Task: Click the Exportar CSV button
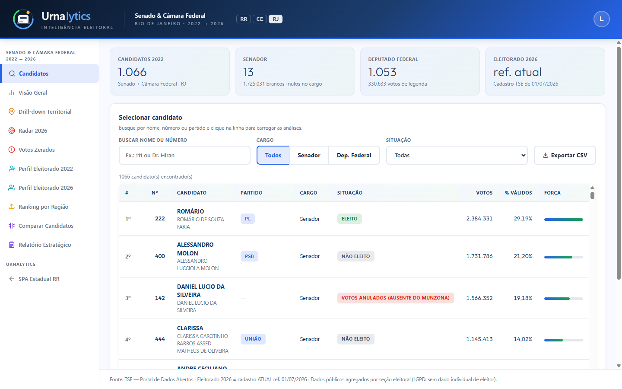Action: [x=565, y=155]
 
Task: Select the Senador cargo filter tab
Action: [x=309, y=155]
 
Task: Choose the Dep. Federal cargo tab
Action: [x=354, y=155]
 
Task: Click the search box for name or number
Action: [x=185, y=155]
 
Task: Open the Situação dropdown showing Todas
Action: [x=457, y=155]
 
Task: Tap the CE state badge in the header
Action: [x=260, y=19]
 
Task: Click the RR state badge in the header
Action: [x=244, y=19]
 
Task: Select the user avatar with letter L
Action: [x=601, y=19]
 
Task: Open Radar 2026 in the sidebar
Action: [x=33, y=131]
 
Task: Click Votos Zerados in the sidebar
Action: [x=37, y=150]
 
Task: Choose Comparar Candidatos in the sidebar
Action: [x=46, y=226]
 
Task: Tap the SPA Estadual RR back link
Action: [x=39, y=279]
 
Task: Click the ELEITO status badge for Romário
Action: [x=349, y=219]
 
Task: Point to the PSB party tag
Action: [x=249, y=256]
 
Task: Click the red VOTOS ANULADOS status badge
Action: [x=395, y=298]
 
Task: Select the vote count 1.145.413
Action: [x=479, y=339]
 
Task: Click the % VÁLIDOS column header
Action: [x=518, y=193]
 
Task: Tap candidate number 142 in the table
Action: [x=160, y=298]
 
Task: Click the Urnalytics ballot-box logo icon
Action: [x=23, y=19]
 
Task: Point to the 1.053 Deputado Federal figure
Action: [x=382, y=72]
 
